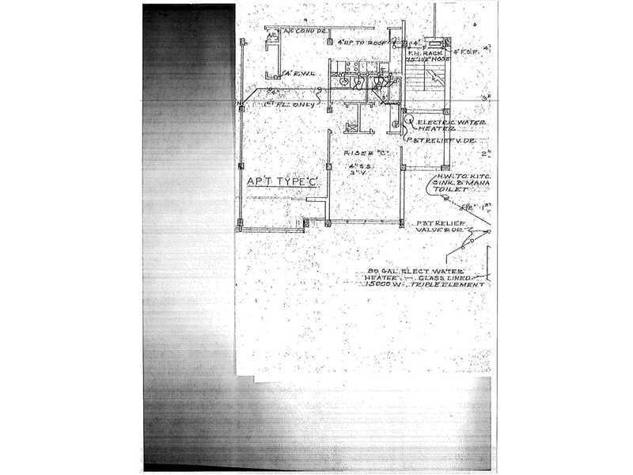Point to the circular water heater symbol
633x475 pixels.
click(x=396, y=124)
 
